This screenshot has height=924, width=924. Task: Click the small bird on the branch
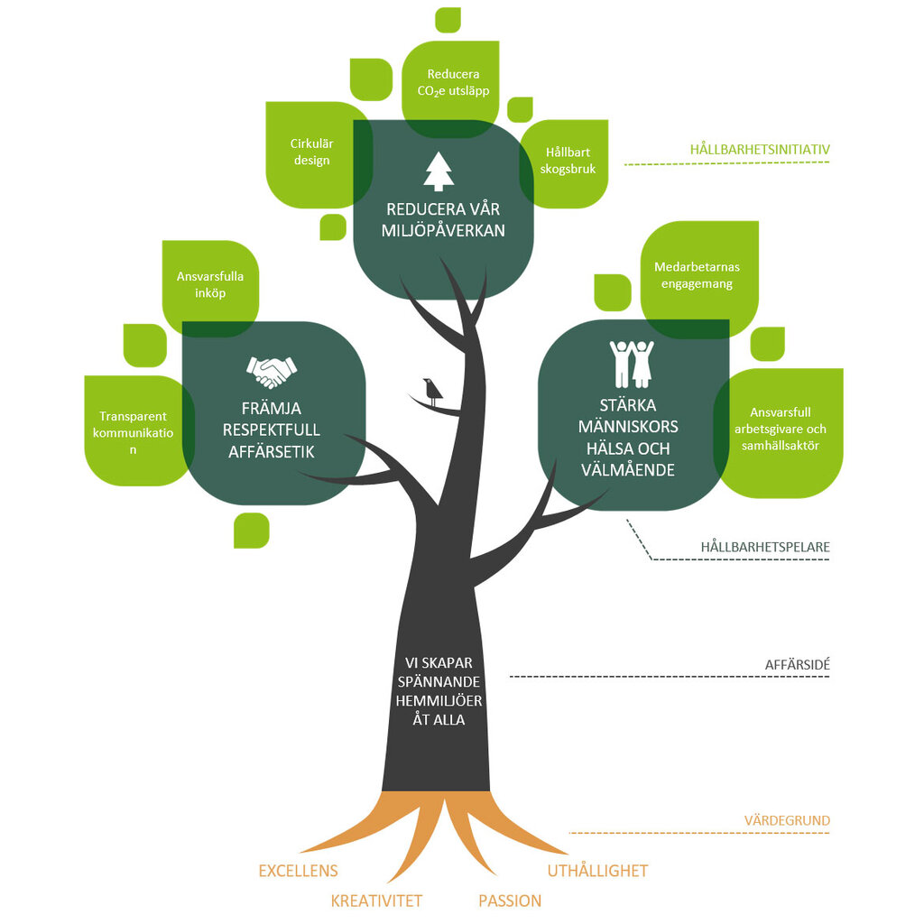(x=433, y=391)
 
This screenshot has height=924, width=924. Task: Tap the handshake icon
(x=272, y=370)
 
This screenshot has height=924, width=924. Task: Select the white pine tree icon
(x=439, y=171)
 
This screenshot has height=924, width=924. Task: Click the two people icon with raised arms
(x=632, y=363)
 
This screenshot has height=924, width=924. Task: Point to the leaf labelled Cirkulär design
(x=310, y=152)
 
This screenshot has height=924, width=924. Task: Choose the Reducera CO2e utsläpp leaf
(x=453, y=82)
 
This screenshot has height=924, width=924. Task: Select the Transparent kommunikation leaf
(x=134, y=431)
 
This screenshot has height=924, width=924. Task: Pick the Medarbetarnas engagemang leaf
(x=696, y=274)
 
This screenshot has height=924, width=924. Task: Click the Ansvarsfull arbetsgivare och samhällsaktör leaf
(x=780, y=430)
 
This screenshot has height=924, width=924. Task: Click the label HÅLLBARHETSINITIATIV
(x=760, y=149)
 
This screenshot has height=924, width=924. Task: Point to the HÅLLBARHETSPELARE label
(x=765, y=547)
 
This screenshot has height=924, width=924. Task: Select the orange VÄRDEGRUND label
(x=787, y=821)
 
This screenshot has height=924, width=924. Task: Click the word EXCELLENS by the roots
(x=298, y=871)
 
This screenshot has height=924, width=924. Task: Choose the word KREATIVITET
(x=376, y=901)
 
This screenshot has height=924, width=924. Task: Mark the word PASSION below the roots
(x=510, y=901)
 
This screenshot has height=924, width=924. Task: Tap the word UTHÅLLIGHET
(x=597, y=871)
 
